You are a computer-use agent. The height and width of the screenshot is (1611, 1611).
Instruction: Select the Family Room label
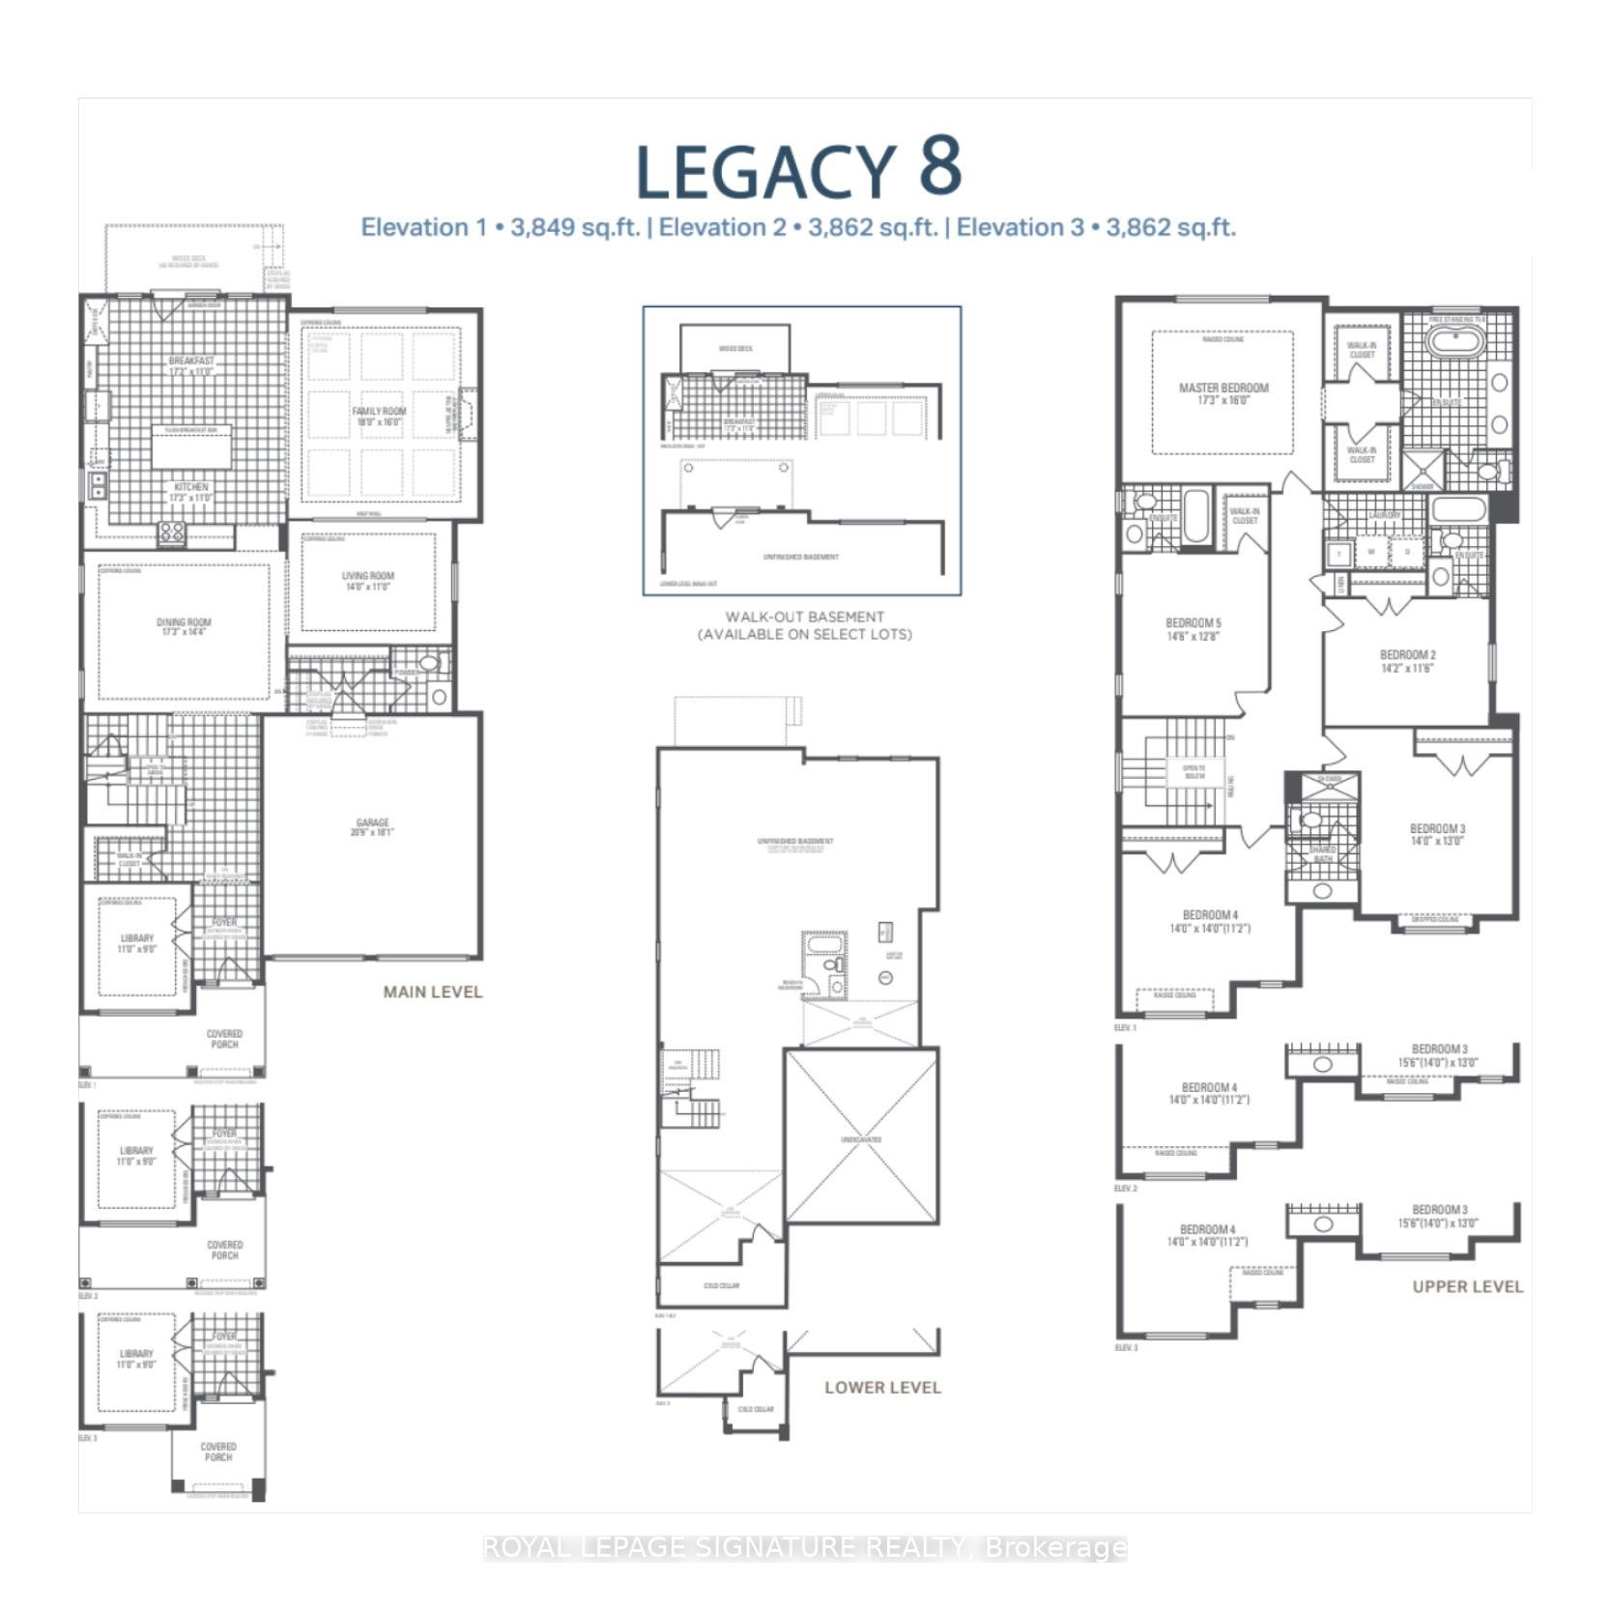coord(379,417)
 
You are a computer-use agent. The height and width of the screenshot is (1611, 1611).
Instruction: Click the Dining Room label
coord(184,627)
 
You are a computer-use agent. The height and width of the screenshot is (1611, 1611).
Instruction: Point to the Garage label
coord(372,827)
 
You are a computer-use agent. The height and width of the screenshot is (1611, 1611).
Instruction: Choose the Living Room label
coord(368,581)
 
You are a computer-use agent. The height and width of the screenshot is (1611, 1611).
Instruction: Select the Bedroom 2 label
coord(1407,661)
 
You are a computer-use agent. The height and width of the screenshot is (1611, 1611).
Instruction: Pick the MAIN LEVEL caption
coord(432,992)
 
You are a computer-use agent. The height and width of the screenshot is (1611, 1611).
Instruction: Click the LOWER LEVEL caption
coord(881,1388)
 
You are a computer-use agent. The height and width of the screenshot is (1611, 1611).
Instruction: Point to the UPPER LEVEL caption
coord(1467,1286)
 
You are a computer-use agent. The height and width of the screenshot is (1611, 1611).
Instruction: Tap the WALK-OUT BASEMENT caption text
coord(804,617)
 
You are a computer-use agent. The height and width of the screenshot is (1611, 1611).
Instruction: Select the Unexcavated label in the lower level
coord(860,1139)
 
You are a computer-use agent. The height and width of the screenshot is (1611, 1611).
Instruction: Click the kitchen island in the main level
coord(191,449)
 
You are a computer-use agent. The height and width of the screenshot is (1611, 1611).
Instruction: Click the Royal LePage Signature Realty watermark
coord(804,1548)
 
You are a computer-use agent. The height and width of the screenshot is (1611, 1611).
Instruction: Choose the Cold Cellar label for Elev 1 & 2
coord(722,1285)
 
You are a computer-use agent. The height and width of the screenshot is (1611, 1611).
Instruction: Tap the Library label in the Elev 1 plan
coord(137,943)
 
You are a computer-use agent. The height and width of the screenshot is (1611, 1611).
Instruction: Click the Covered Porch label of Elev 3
coord(218,1452)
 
